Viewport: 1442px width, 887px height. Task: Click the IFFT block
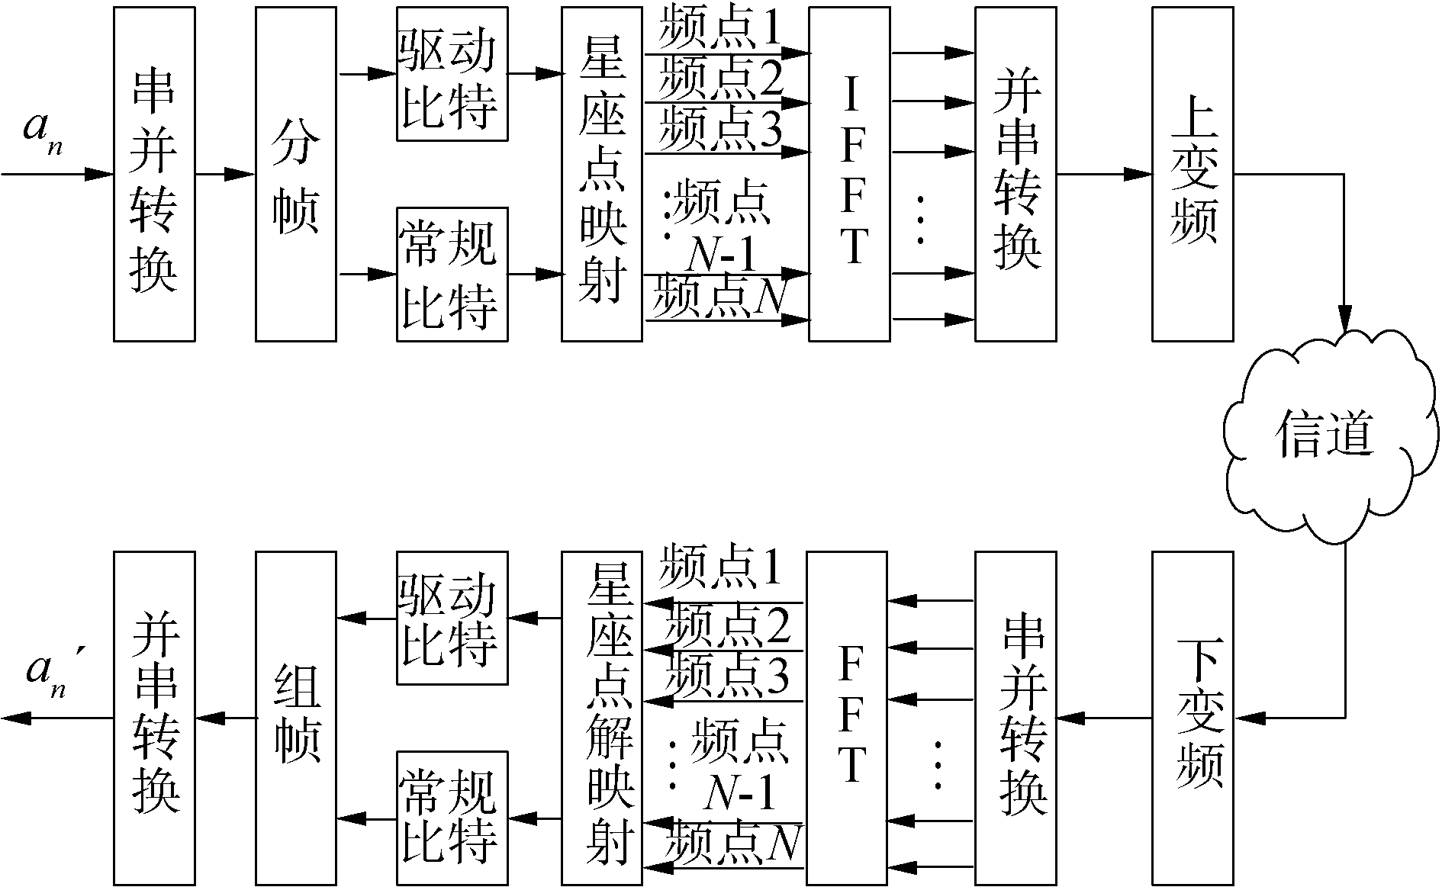[x=849, y=174]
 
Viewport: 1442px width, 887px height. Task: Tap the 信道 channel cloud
[x=1326, y=435]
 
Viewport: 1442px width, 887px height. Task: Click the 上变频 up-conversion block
[x=1193, y=174]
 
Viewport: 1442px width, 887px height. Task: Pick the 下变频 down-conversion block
[x=1193, y=717]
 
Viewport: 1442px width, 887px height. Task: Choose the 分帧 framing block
[x=295, y=174]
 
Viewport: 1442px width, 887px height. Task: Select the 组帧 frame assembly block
[x=295, y=717]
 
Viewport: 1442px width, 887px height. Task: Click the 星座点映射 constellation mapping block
[x=602, y=174]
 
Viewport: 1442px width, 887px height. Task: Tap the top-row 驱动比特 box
[x=452, y=74]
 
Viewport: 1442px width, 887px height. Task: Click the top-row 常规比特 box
[x=452, y=274]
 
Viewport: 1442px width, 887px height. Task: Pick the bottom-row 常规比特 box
[x=452, y=818]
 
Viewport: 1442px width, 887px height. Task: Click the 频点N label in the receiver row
[x=732, y=844]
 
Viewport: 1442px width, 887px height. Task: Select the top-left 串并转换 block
[x=154, y=174]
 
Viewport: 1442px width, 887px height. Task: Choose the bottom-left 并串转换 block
[x=154, y=717]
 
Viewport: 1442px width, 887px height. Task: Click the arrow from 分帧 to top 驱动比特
[x=366, y=74]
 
